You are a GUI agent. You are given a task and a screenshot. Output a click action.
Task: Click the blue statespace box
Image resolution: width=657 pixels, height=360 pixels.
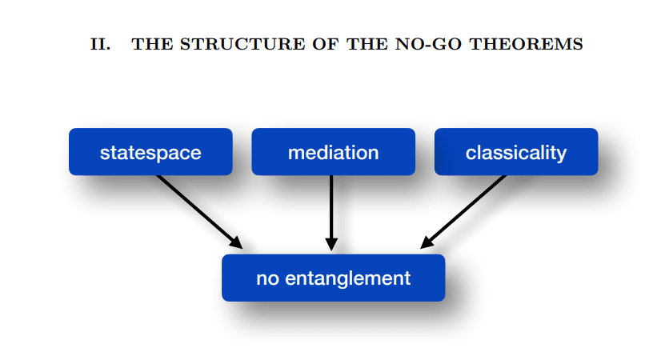(150, 151)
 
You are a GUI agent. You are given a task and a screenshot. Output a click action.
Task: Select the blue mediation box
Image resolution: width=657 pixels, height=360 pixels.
(333, 151)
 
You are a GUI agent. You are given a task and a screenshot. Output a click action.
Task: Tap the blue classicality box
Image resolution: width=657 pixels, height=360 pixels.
(515, 151)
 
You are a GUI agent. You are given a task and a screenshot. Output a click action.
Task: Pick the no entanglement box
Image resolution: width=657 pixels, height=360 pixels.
(333, 278)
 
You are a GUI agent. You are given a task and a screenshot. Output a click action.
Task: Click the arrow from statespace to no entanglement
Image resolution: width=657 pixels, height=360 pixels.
(198, 210)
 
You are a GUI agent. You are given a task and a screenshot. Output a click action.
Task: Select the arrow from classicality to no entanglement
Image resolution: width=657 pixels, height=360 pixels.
(464, 210)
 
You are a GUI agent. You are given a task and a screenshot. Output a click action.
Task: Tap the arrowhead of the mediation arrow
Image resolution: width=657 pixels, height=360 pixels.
(332, 244)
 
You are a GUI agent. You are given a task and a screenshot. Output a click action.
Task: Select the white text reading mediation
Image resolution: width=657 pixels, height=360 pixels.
(333, 152)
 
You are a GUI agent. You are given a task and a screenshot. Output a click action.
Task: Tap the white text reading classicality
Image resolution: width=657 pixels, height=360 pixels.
(515, 152)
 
